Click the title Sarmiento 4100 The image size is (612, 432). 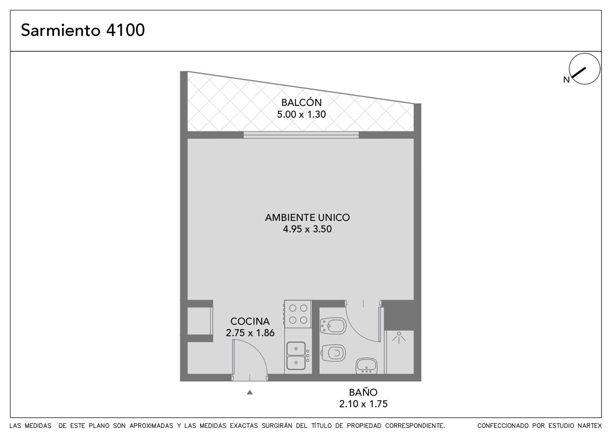[x=83, y=30]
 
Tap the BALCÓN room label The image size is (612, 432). [x=301, y=102]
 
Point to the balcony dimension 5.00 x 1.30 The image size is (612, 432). [x=301, y=114]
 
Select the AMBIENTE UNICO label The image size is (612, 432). [x=308, y=218]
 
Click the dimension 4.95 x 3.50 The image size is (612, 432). [x=308, y=229]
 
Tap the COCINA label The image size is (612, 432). [x=250, y=322]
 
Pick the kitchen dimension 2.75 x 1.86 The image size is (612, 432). [x=250, y=333]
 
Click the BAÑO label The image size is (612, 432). [x=363, y=392]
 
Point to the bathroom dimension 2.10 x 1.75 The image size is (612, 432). [x=363, y=404]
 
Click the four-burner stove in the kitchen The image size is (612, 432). [x=298, y=314]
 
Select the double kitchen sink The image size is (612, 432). [x=296, y=356]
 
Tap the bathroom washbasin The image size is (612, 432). [x=367, y=366]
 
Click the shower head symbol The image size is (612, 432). [x=399, y=338]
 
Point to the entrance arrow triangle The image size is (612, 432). [x=250, y=392]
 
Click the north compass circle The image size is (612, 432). [x=584, y=69]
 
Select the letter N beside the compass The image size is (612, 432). [x=566, y=80]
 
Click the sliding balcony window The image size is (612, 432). [x=301, y=135]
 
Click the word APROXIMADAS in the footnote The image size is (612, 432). [x=151, y=426]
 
